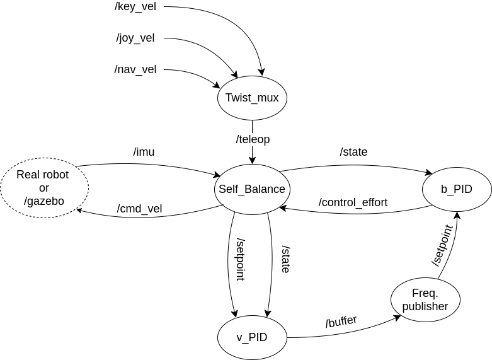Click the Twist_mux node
click(252, 98)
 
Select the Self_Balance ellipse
click(252, 189)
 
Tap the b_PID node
click(457, 189)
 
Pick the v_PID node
click(252, 337)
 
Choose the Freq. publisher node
click(425, 299)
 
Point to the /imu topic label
click(144, 152)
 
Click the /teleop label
click(253, 139)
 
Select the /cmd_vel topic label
click(140, 209)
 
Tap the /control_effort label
click(353, 202)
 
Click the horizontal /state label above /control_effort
click(353, 152)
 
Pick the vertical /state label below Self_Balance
click(286, 259)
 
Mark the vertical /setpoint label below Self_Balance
click(241, 259)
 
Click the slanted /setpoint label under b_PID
click(442, 245)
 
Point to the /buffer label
click(341, 322)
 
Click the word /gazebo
click(44, 202)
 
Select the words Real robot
click(43, 175)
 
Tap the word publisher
click(425, 307)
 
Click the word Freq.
click(425, 293)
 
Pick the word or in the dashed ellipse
click(44, 188)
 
